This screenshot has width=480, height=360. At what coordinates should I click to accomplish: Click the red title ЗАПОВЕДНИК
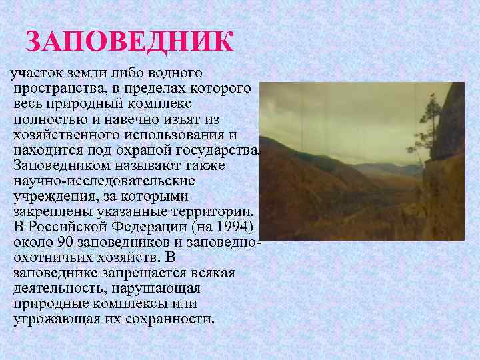click(x=129, y=42)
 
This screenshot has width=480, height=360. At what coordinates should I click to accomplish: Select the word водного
click(x=173, y=71)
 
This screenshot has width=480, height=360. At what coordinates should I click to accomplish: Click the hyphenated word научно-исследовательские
click(x=94, y=180)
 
